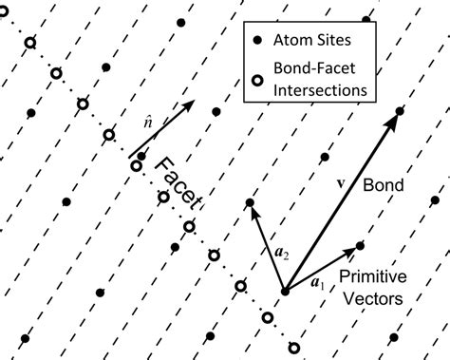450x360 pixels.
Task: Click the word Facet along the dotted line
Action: (180, 185)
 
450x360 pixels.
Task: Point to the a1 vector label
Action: (318, 282)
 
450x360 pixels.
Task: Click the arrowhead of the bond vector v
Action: (392, 120)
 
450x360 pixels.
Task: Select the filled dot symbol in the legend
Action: (257, 42)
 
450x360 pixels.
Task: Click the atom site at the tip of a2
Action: (250, 202)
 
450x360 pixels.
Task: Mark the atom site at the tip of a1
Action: (360, 245)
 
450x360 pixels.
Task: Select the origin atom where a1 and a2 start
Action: (284, 291)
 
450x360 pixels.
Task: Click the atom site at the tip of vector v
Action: (400, 111)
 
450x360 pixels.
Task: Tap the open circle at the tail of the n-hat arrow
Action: (136, 166)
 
